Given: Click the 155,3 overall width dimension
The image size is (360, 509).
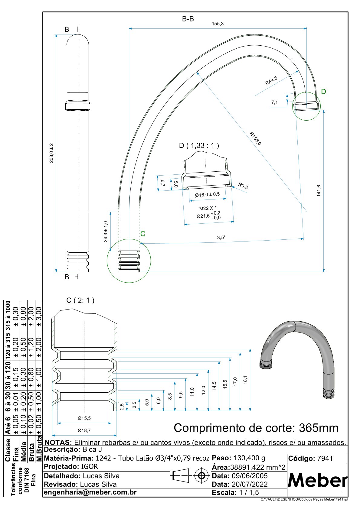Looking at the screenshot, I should coord(218,24).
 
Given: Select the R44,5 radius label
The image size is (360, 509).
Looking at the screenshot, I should coord(271,81).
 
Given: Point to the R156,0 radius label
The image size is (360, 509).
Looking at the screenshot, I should coord(255,138).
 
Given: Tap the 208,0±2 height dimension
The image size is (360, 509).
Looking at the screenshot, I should coord(51,153).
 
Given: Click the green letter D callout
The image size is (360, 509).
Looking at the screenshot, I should coord(323,92).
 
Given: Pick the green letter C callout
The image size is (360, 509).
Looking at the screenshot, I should coord(143,234).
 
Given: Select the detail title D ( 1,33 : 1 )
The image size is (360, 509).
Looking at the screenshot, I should coord(199,145).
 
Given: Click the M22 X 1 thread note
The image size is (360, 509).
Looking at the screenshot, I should coord(208,208).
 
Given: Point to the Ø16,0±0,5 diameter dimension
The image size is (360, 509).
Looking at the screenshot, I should coord(207,194).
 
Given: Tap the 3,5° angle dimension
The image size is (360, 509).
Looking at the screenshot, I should coord(221,238).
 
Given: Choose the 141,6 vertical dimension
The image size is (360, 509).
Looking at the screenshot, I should coord(319,191).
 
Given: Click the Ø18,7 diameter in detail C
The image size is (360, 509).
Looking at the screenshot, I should coord(84,430).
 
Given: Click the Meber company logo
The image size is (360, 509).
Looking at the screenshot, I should coord(317,480).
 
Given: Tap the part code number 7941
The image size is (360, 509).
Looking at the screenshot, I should coord(325,459).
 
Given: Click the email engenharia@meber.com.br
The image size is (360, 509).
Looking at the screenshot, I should coord(90,492).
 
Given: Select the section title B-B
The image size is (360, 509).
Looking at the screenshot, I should coord(188,19).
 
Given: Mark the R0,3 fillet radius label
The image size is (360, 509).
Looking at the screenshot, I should coord(243,186).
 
